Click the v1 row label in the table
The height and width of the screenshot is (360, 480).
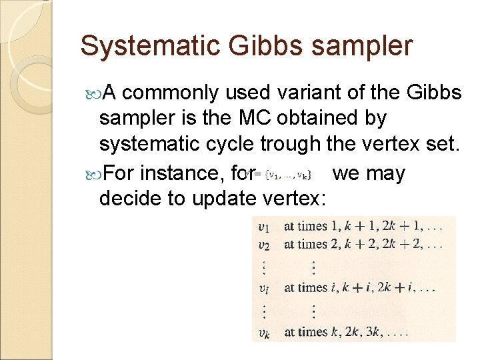coord(265,227)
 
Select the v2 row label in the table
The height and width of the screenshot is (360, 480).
coord(265,245)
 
